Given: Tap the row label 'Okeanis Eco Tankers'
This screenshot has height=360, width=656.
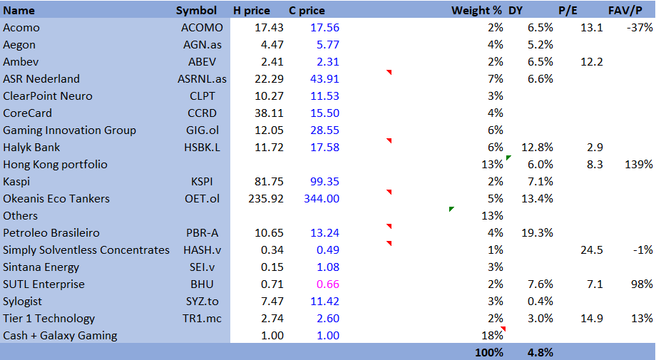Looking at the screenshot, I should coord(56,199).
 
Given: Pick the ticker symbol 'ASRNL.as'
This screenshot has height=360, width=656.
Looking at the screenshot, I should coord(200,79).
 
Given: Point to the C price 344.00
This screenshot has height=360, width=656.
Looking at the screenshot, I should coord(322,199).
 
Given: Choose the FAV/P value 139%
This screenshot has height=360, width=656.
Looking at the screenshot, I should coord(640,165).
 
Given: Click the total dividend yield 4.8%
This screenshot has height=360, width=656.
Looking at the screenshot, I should coord(540,352).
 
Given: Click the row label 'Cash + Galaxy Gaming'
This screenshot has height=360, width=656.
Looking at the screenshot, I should coord(60,336).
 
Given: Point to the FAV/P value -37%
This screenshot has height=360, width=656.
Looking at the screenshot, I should coord(640,28).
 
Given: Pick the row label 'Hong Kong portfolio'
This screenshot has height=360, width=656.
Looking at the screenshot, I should coord(55,165).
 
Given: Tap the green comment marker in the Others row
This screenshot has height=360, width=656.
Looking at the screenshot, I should coord(451,209).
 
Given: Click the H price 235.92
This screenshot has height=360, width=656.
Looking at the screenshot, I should coord(265,199).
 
